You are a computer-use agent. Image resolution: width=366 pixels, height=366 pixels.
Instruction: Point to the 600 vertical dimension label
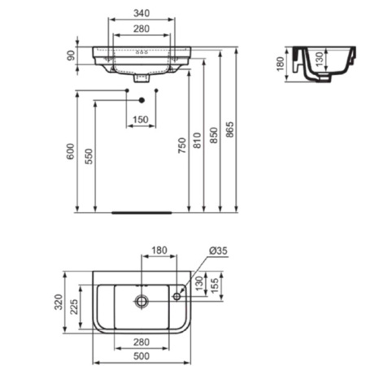pyautogui.click(x=71, y=151)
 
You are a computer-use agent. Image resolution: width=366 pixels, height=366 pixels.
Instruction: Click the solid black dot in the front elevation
pyautogui.click(x=142, y=99)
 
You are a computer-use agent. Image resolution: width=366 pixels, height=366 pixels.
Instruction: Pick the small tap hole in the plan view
pyautogui.click(x=176, y=297)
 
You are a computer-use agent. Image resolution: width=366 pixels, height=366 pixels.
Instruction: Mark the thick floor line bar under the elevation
pyautogui.click(x=142, y=207)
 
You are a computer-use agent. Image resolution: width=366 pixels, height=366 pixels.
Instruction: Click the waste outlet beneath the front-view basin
pyautogui.click(x=142, y=79)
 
